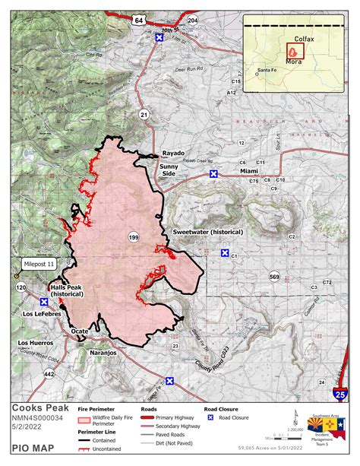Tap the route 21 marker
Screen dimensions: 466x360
[x=144, y=114]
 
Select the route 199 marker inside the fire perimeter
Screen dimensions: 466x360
[x=134, y=238]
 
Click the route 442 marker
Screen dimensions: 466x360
[x=49, y=374]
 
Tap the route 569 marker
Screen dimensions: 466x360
[x=274, y=275]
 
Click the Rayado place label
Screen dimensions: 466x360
[x=174, y=153]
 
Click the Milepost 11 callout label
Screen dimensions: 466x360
[x=41, y=263]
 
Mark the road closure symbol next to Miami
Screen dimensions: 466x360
[x=214, y=173]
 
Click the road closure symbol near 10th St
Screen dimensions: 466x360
[x=159, y=36]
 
